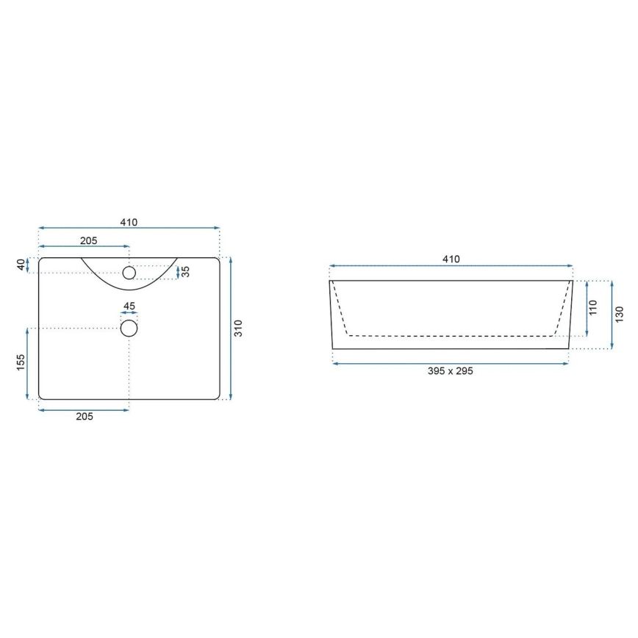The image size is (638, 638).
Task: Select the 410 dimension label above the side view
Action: [451, 259]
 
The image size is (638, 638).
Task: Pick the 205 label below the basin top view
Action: [84, 417]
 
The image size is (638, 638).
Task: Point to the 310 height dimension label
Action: [237, 329]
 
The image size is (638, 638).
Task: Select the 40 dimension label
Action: [21, 265]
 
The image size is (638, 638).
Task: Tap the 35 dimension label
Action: [186, 272]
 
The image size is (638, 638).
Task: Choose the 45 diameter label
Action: [129, 306]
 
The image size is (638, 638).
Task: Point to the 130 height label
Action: [619, 315]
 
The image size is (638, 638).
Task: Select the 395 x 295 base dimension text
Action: [451, 371]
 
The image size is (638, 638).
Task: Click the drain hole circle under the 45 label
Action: [129, 328]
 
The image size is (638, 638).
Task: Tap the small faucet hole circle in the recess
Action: [129, 273]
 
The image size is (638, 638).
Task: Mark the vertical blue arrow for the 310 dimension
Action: [231, 329]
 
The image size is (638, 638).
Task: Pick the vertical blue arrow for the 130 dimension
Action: [612, 315]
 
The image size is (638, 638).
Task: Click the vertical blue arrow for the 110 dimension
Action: [587, 308]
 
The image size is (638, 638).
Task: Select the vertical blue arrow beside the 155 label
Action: [28, 363]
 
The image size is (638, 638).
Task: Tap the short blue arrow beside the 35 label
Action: [179, 273]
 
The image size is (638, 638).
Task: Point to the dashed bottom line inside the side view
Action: [451, 335]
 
